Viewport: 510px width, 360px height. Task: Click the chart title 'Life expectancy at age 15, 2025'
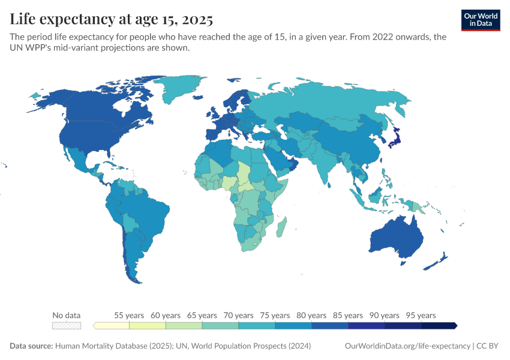111,20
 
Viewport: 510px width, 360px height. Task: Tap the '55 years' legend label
129,315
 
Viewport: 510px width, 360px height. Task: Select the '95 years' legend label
421,315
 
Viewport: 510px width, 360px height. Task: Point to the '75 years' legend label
275,315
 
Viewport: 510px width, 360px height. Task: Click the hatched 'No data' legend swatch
66,326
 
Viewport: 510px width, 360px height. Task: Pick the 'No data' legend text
66,315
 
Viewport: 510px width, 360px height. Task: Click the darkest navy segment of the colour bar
439,326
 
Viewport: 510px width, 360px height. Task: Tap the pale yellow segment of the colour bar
112,326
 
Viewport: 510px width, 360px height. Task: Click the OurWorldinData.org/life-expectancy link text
408,346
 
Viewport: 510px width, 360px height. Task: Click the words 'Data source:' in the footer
31,346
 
